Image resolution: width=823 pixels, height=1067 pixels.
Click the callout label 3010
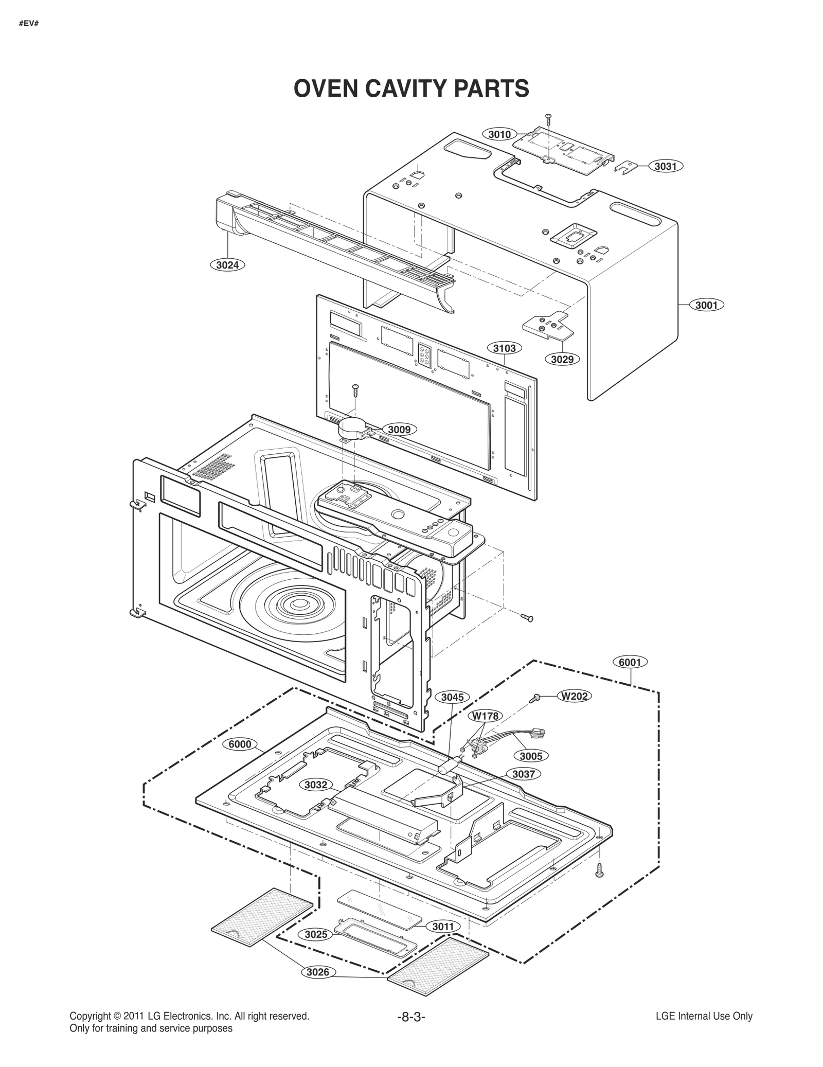pos(499,134)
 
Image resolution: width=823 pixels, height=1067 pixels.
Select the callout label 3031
pos(665,166)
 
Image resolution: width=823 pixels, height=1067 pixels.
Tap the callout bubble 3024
pos(227,265)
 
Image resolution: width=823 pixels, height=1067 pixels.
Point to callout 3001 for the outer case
pos(706,305)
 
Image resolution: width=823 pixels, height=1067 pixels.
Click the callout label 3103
pos(504,348)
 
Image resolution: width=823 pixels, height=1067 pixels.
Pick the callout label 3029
pos(562,359)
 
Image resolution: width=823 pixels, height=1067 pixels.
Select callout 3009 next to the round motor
pos(399,429)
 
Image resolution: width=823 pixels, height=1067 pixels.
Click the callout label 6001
pos(630,662)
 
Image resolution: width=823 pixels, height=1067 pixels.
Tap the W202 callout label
pos(574,696)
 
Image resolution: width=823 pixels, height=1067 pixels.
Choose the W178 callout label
pos(485,716)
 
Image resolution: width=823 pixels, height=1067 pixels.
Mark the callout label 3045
pos(452,697)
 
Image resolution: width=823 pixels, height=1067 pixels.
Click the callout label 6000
pos(240,744)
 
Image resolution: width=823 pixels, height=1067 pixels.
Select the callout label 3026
pos(317,972)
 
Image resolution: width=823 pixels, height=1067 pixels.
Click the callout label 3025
pos(315,934)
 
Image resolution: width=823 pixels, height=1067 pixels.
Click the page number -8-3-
pos(411,1017)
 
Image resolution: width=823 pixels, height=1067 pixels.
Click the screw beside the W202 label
pos(535,698)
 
